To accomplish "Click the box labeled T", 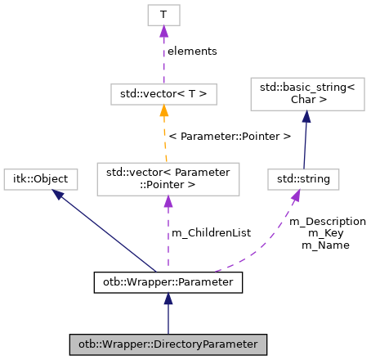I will pos(163,15).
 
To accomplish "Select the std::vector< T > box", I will pos(163,95).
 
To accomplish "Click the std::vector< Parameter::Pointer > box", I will pos(168,178).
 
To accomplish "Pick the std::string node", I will pos(304,178).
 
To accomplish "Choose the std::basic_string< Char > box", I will pos(304,95).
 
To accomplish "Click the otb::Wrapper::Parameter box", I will pos(168,283).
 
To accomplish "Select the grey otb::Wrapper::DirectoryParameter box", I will pos(168,344).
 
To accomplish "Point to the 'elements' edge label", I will pos(192,51).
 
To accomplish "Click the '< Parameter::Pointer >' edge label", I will pos(229,136).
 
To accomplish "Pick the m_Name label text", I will pos(325,245).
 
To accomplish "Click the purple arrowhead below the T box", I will pos(163,31).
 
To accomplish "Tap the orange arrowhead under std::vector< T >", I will pos(163,111).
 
